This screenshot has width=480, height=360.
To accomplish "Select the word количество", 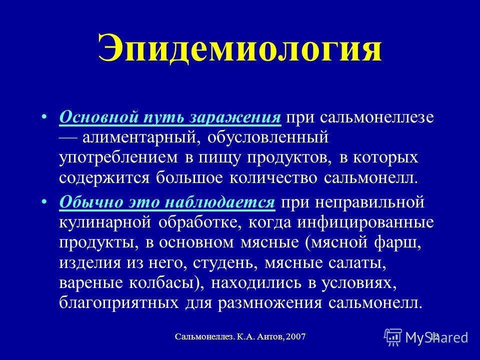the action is tap(273, 178).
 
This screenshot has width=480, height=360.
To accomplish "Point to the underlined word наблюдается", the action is tap(220, 202).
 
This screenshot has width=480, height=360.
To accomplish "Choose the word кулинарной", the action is tap(105, 223).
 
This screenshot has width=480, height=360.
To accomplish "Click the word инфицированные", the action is tap(366, 223).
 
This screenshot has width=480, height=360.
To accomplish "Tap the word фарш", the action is tap(396, 243).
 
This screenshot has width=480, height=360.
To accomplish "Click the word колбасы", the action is tap(161, 283).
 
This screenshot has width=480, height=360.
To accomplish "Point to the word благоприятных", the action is tap(119, 303).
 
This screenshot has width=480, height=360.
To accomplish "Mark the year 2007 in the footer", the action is tap(296, 336).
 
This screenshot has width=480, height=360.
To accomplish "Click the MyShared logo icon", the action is tap(393, 337).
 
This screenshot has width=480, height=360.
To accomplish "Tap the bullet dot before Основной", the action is tap(44, 117).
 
